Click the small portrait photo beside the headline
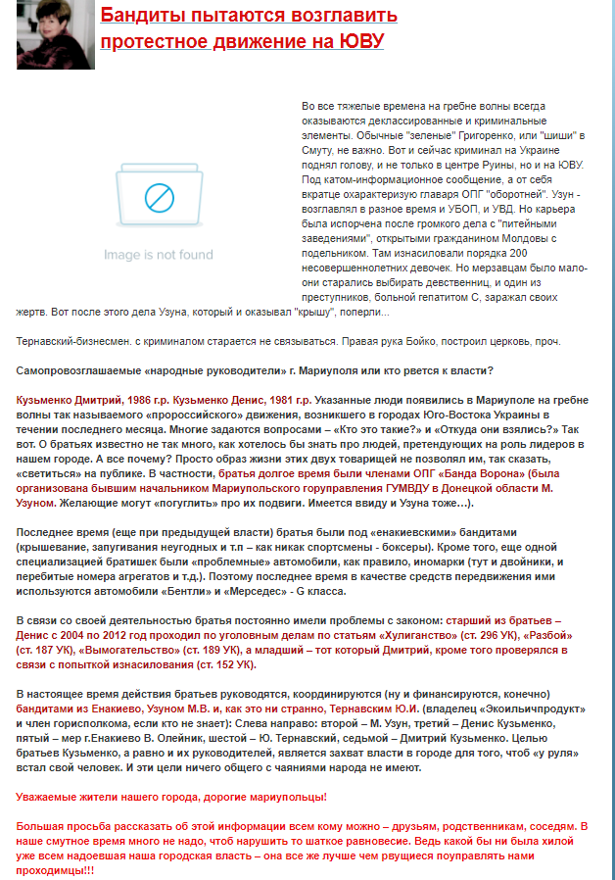pyautogui.click(x=41, y=34)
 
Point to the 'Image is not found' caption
pyautogui.click(x=158, y=255)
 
